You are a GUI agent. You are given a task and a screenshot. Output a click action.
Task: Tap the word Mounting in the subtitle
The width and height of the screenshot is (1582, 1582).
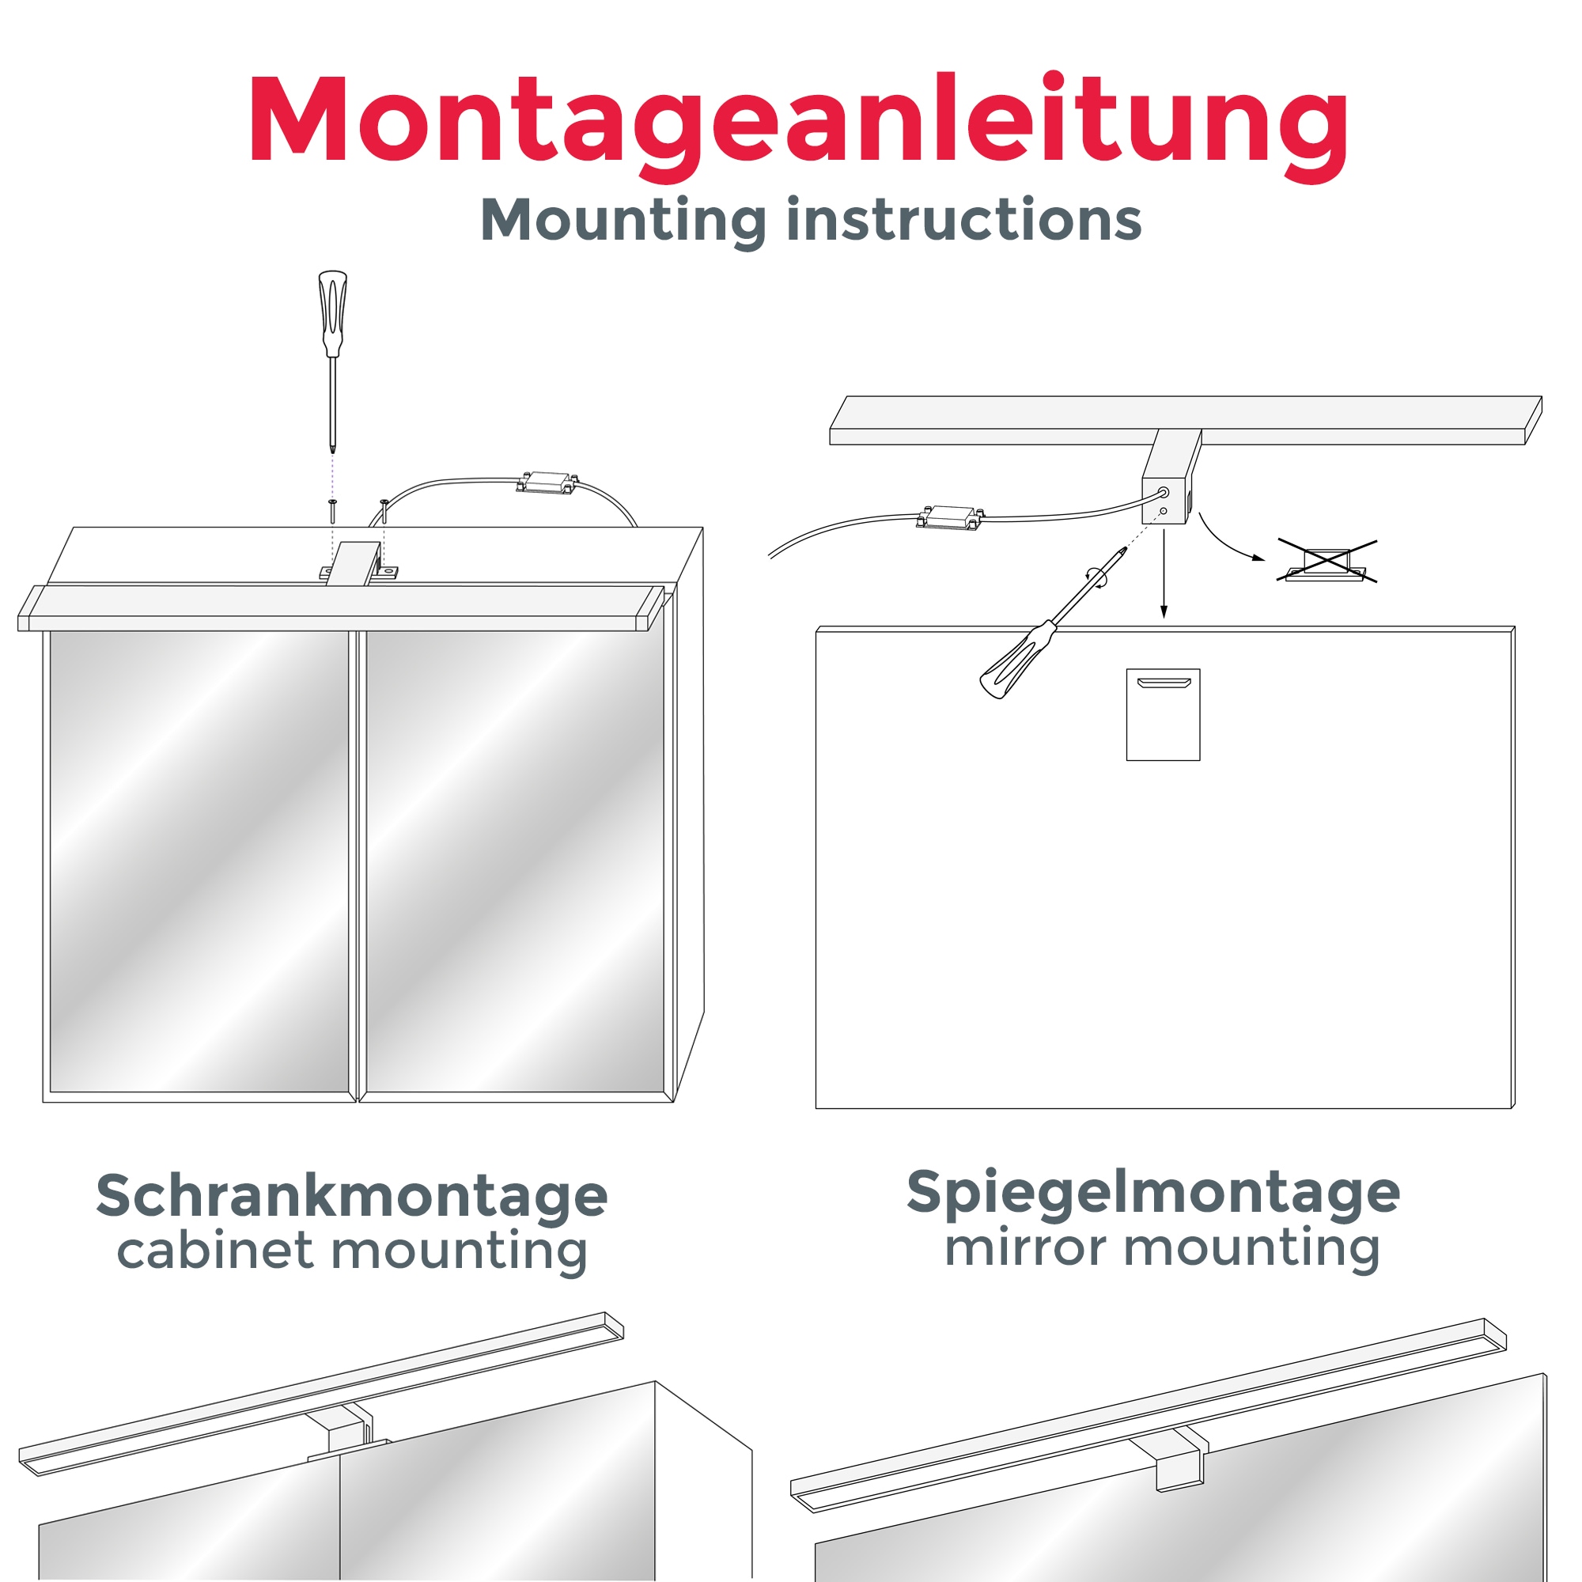623,221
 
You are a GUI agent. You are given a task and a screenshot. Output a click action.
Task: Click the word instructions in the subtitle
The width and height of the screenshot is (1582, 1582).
963,221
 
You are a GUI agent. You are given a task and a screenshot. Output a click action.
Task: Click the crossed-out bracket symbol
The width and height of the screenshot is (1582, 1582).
1326,562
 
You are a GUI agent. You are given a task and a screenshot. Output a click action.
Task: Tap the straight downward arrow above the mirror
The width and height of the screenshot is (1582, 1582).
1164,573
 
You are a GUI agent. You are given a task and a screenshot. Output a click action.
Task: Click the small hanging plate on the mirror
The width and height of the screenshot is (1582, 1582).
1163,714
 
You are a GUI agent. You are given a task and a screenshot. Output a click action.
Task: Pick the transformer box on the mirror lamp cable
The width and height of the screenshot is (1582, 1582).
950,517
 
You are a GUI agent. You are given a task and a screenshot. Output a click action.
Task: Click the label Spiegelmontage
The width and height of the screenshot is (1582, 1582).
1153,1193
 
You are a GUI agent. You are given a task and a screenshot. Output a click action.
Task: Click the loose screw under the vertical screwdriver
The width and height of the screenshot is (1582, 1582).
332,510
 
